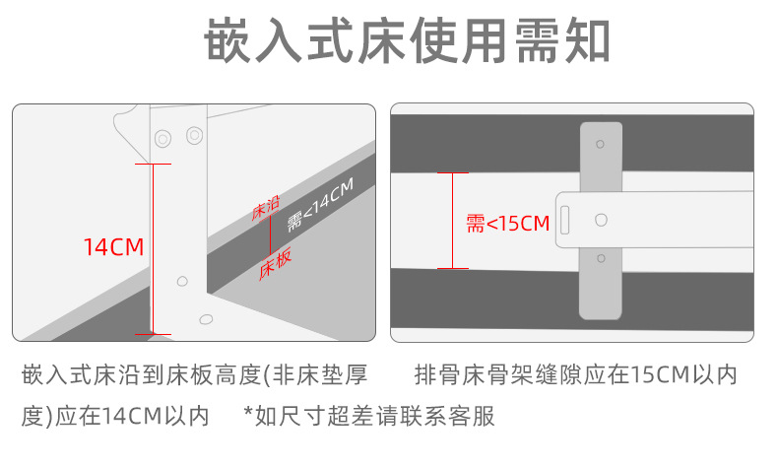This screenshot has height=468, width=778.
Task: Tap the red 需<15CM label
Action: (507, 224)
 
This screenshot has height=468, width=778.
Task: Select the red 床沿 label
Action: (267, 208)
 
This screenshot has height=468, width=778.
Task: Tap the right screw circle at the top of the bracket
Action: (192, 134)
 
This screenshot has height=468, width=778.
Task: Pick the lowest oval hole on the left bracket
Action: (205, 318)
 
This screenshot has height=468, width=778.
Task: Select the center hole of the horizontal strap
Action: (602, 219)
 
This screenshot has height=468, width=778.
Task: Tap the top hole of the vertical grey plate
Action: (601, 144)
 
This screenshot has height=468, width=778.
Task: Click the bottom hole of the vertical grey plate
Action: (602, 259)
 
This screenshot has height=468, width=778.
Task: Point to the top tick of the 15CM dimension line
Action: (452, 173)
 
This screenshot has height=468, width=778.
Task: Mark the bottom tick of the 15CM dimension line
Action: (452, 267)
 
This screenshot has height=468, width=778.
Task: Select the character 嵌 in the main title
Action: (228, 42)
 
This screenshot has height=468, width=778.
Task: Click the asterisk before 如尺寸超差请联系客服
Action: (248, 414)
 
